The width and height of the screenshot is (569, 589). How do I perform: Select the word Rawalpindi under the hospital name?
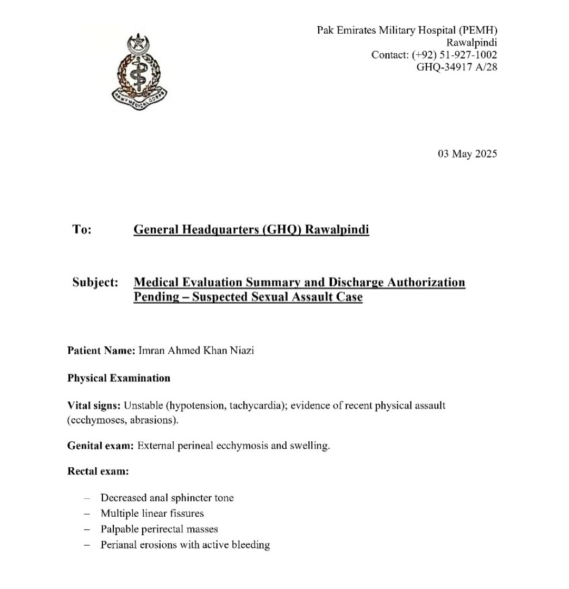click(472, 43)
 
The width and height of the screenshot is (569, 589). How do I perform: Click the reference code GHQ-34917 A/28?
click(457, 67)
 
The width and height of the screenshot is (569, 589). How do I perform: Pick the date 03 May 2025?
click(467, 154)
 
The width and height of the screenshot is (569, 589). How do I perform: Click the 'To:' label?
click(82, 229)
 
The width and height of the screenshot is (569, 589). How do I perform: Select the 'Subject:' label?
click(95, 282)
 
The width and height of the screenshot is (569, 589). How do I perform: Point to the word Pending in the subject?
click(155, 297)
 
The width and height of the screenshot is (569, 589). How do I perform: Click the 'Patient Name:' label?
click(101, 351)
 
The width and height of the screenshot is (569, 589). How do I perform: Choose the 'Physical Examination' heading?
click(119, 378)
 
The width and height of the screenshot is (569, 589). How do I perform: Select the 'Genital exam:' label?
click(101, 446)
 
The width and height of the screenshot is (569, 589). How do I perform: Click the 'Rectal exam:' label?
click(98, 471)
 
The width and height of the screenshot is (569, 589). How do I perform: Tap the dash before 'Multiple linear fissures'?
click(87, 513)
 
